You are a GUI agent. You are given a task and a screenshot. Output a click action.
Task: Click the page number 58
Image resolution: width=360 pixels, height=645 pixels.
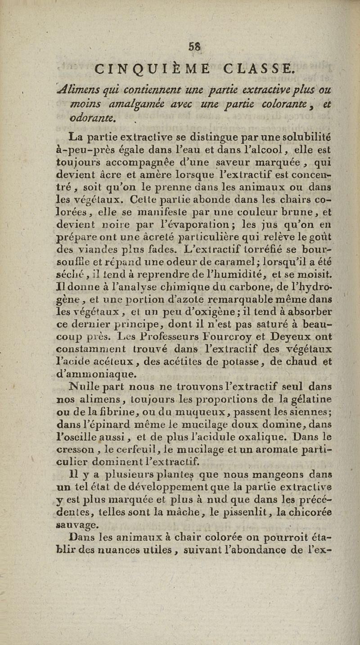(182, 46)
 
